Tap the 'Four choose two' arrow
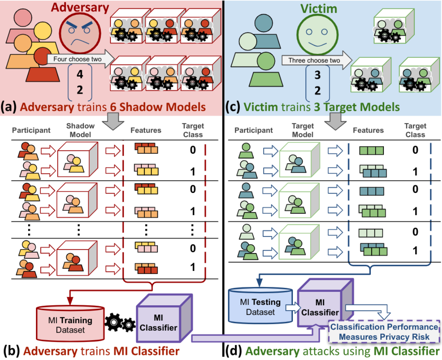tap(79, 60)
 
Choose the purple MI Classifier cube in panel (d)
tap(321, 305)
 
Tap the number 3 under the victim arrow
tap(317, 74)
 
